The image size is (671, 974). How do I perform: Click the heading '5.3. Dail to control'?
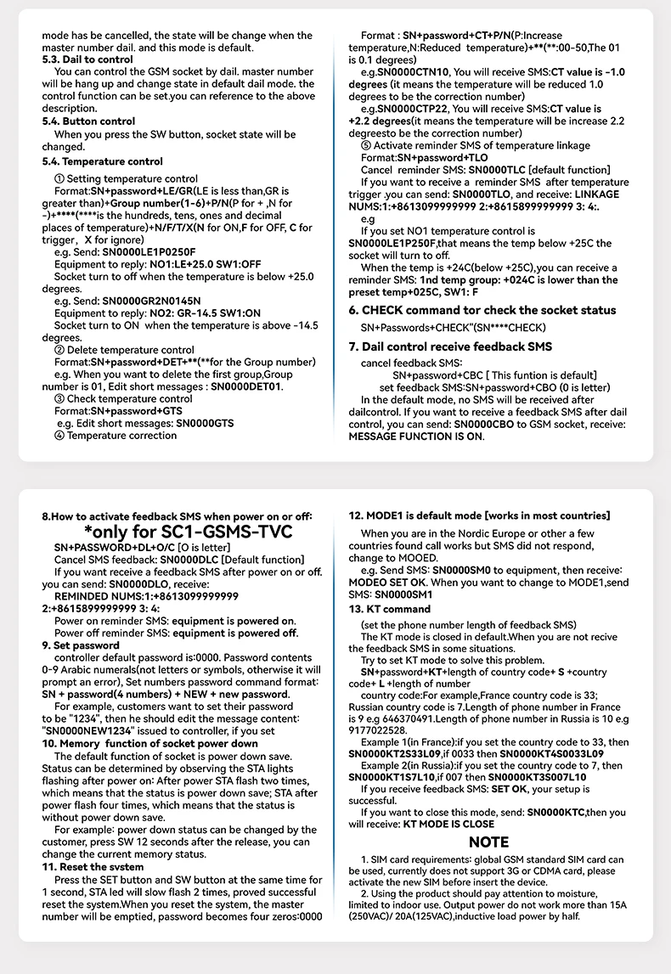coord(87,60)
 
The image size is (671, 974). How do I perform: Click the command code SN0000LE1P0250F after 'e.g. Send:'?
coord(149,252)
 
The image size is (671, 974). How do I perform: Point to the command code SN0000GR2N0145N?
coord(152,301)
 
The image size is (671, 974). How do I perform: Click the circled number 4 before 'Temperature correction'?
coord(59,435)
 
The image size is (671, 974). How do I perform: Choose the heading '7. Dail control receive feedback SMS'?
coord(450,346)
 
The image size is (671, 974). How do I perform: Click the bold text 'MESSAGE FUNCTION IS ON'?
coord(416,436)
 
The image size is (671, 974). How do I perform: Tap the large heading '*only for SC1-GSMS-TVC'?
coord(178,532)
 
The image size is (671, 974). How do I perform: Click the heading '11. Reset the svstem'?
coord(93,867)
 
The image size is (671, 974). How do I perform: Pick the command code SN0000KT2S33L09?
coord(398,753)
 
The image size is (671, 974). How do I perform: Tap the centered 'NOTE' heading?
coord(488,842)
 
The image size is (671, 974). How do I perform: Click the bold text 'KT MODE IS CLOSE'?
coord(448,824)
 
